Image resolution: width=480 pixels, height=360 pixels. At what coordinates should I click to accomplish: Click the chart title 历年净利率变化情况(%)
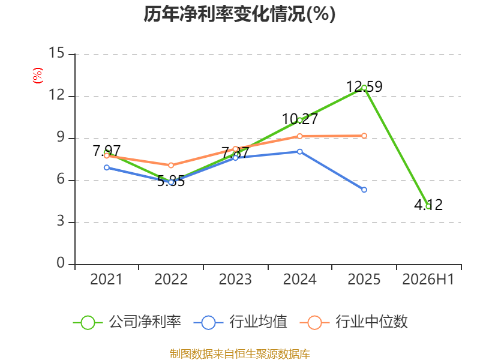click(x=239, y=14)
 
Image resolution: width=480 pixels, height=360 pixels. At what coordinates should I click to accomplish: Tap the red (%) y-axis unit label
click(x=38, y=76)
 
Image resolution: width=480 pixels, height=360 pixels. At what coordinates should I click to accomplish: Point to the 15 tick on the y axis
click(x=57, y=53)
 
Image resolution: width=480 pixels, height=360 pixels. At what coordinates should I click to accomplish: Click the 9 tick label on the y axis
click(x=61, y=137)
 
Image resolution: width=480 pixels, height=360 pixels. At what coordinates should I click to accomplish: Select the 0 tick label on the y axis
click(x=61, y=263)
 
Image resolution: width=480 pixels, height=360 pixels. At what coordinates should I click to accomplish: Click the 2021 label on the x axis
click(x=106, y=279)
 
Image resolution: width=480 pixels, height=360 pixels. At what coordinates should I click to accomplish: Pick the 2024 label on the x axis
click(x=299, y=279)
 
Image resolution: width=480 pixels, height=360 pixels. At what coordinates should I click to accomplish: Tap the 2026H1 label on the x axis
click(x=428, y=279)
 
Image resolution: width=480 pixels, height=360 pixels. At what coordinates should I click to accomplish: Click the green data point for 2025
click(x=364, y=88)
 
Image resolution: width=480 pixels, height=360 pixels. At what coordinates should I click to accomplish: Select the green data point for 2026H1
click(x=428, y=206)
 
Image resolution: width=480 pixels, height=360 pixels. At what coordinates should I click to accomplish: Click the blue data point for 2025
click(x=364, y=190)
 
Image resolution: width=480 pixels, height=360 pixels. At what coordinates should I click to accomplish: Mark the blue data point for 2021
click(x=107, y=167)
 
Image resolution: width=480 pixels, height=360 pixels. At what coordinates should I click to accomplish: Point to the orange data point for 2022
click(x=171, y=166)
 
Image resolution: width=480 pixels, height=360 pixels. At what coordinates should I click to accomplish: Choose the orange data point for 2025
click(x=364, y=136)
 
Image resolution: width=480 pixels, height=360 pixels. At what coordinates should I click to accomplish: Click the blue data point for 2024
click(x=299, y=152)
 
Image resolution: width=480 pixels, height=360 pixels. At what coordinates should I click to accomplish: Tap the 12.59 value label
click(x=364, y=86)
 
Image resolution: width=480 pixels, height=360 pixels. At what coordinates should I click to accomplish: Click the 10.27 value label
click(x=300, y=119)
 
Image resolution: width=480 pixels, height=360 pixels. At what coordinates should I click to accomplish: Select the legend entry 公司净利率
click(x=127, y=322)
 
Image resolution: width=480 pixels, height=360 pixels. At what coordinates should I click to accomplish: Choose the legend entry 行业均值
click(x=241, y=322)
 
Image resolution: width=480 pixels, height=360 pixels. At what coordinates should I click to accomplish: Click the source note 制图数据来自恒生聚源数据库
click(x=240, y=354)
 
